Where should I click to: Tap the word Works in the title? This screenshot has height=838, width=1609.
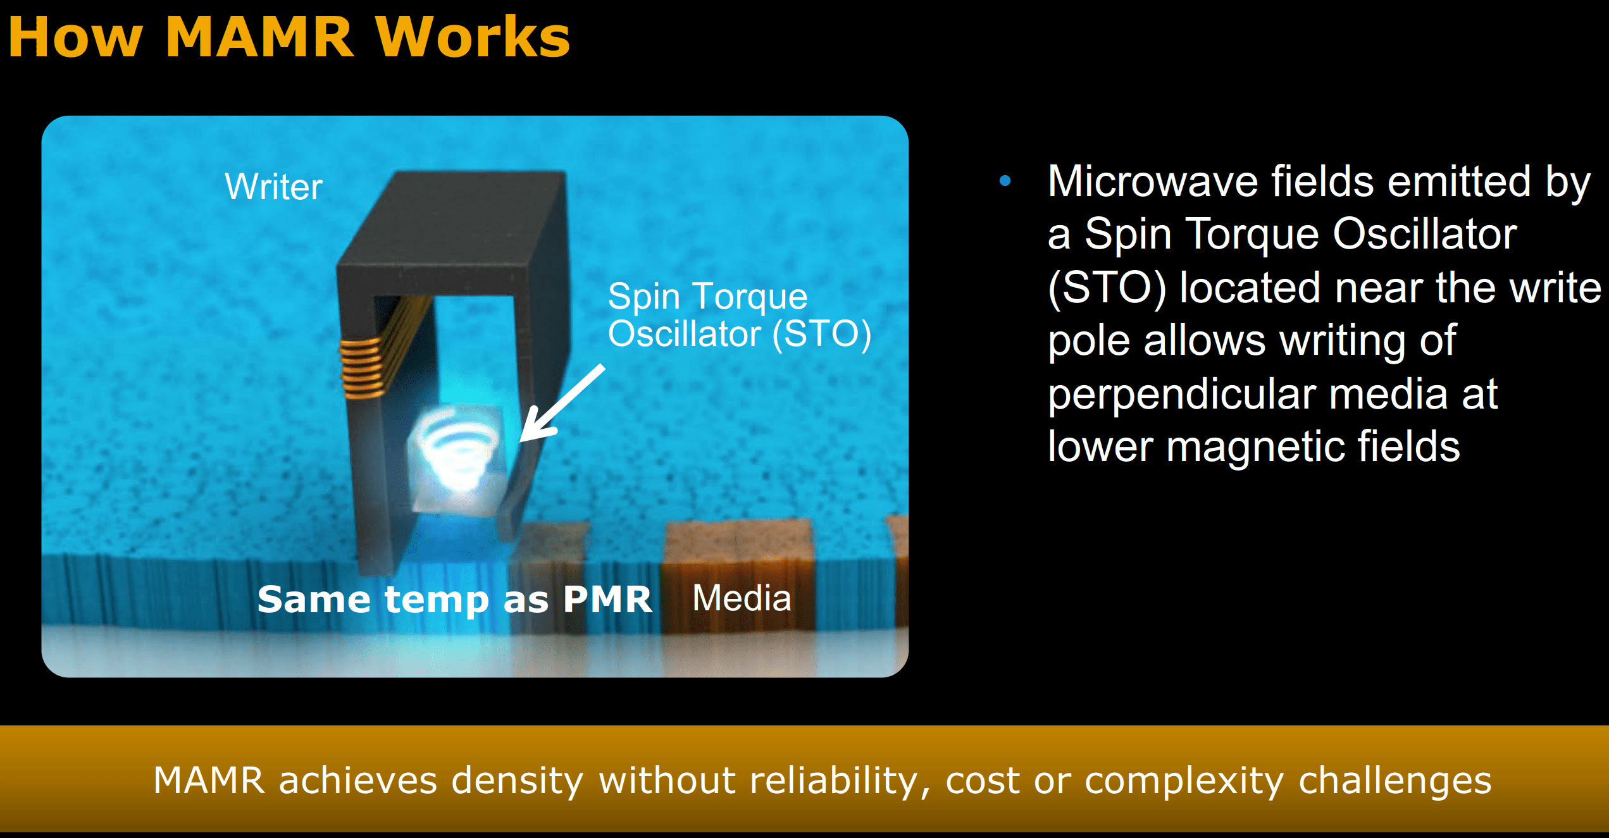pos(473,37)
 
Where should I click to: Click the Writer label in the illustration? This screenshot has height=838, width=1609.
pos(274,187)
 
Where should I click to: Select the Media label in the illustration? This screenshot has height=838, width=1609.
pos(742,598)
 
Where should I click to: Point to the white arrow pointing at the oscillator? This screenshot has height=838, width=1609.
pos(562,403)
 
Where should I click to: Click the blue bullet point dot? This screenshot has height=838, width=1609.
pos(1005,182)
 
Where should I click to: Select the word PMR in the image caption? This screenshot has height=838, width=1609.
pos(607,599)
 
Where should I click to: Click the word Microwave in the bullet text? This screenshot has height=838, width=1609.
pos(1152,182)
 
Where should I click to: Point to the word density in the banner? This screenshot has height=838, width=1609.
pos(517,782)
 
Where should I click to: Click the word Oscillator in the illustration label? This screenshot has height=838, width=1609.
pos(684,334)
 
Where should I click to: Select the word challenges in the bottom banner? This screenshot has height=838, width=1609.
pos(1395,782)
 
